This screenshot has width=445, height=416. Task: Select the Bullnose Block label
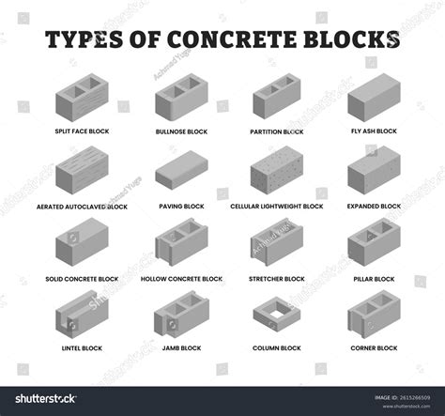pos(180,131)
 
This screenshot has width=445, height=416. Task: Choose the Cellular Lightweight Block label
pos(277,206)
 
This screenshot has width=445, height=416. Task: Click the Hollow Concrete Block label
pos(181,279)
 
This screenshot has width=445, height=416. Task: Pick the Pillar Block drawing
pos(375,242)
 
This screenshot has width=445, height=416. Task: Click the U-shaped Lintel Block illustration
pos(81,317)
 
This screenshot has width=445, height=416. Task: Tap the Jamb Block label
pos(181,348)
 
